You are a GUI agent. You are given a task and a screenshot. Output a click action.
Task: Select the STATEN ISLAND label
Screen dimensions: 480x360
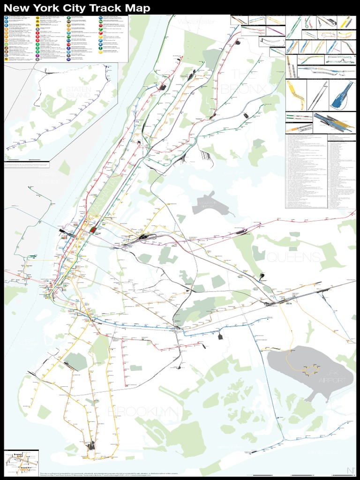pos(78,92)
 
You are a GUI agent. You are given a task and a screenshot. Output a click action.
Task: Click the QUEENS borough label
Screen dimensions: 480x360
pos(294,257)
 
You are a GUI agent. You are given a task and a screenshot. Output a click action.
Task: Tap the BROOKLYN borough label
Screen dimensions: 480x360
pos(143,412)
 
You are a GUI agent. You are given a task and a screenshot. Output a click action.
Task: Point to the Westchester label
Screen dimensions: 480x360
pos(195,21)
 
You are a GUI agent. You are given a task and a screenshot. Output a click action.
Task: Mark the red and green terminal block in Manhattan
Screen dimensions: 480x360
pos(94,229)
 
